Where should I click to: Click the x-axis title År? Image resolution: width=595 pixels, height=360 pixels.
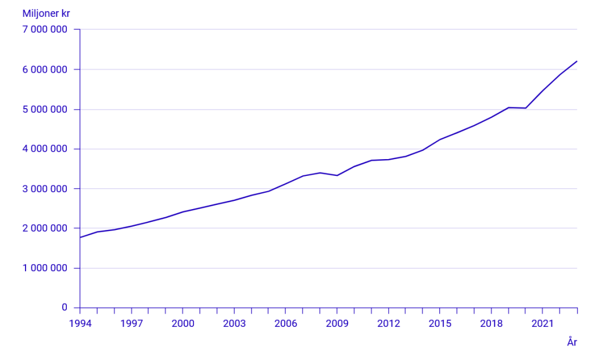click(x=572, y=342)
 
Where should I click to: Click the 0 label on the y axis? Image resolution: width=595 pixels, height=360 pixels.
click(x=64, y=308)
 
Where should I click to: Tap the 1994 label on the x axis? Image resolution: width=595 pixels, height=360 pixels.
click(x=80, y=323)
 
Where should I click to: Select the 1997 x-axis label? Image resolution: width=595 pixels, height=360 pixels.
click(x=131, y=323)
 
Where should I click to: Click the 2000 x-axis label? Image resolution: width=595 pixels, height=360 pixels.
click(x=183, y=323)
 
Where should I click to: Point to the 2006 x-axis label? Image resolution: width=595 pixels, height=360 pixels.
click(x=285, y=323)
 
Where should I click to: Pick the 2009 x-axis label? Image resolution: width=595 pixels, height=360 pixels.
click(x=337, y=323)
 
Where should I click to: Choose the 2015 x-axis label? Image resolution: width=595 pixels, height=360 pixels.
click(x=440, y=323)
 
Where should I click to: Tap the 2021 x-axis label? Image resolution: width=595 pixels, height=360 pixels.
click(x=543, y=323)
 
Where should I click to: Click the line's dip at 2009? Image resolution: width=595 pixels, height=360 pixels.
click(x=337, y=175)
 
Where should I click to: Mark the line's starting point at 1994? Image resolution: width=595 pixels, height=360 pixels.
click(x=80, y=237)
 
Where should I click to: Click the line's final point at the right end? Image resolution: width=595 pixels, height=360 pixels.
click(x=577, y=61)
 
